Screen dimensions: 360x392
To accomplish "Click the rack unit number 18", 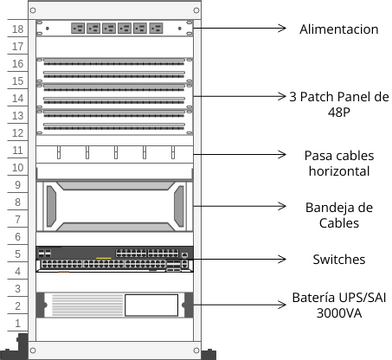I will pos(17,31).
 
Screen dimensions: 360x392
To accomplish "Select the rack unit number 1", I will pos(17,323).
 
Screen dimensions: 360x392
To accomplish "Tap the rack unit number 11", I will pos(17,150).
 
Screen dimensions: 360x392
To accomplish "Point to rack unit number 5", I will pos(17,254).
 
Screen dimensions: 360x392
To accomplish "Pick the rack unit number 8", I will pos(17,202).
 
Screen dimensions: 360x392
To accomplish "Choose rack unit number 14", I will pos(17,99).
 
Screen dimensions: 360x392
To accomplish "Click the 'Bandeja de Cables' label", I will pos(338,214).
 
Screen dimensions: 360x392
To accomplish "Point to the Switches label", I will pos(338,259).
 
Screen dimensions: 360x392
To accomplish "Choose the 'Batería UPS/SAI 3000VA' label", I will pos(338,305).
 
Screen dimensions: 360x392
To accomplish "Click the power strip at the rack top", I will pos(113,29).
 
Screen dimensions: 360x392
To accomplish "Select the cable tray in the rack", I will pos(113,205).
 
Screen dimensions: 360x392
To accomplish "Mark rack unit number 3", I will pos(17,288).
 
